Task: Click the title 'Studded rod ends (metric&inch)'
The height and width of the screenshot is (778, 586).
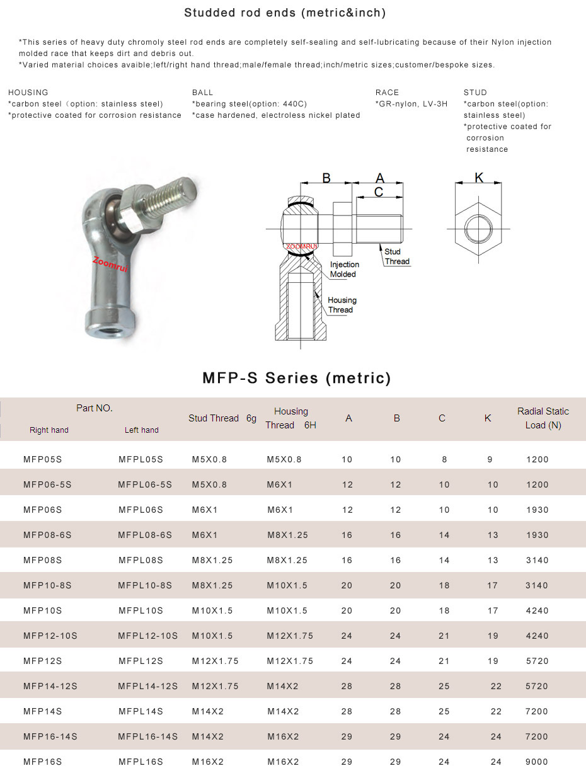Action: [x=285, y=13]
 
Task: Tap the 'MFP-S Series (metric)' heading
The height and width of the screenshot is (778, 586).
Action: [x=297, y=378]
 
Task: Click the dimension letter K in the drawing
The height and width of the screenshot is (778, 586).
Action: [x=479, y=177]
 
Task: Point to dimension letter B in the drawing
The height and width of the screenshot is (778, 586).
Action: [x=326, y=178]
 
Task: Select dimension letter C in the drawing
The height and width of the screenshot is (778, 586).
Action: [x=379, y=192]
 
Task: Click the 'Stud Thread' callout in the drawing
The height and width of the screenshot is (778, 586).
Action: [x=397, y=256]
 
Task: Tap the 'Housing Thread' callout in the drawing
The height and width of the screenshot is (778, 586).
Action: [x=342, y=305]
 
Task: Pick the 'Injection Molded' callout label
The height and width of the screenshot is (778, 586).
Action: [x=344, y=269]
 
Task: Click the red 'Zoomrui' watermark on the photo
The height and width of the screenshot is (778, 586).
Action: [x=110, y=265]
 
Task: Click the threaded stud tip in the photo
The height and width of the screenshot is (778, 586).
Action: [x=188, y=188]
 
